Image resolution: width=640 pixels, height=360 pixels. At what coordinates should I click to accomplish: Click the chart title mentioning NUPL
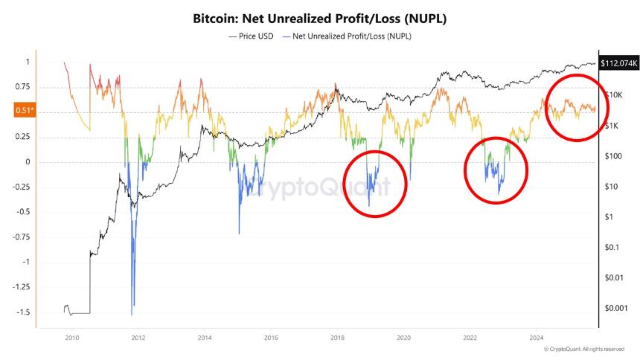click(x=320, y=16)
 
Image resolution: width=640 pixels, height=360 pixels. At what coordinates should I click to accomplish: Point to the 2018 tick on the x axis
click(x=337, y=336)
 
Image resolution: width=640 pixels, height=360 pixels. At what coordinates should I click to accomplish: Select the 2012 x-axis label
click(x=138, y=336)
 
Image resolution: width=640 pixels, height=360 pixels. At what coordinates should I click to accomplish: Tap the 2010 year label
click(x=71, y=336)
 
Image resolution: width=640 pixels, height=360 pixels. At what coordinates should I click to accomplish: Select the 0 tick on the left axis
click(x=28, y=162)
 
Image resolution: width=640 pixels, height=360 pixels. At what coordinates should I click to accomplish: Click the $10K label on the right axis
click(x=614, y=95)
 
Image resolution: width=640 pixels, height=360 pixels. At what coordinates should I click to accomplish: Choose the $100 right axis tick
click(x=613, y=156)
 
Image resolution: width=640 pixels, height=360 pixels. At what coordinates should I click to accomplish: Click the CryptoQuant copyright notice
click(x=583, y=349)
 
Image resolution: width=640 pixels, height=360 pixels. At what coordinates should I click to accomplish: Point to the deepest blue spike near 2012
click(x=132, y=303)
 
